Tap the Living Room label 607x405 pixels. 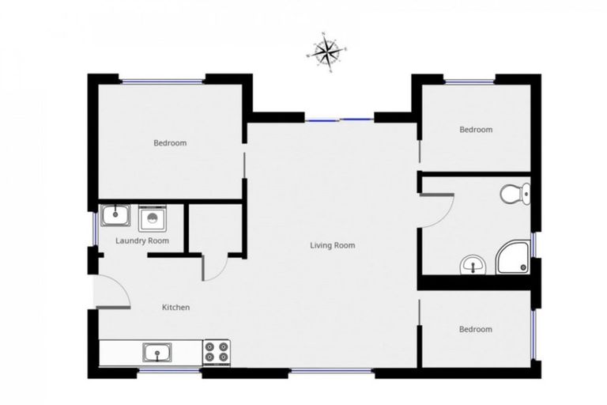[x=332, y=245]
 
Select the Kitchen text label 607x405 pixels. [x=175, y=307]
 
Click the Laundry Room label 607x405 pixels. [x=142, y=240]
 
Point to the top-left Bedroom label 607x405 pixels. [x=170, y=143]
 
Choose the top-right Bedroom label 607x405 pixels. [x=476, y=130]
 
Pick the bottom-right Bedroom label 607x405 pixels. [x=476, y=329]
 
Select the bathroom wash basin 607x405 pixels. [x=473, y=265]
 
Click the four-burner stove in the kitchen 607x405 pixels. [x=217, y=351]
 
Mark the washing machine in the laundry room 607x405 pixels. [x=151, y=218]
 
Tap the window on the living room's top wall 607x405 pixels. [x=340, y=119]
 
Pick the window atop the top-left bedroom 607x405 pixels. [x=163, y=80]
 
